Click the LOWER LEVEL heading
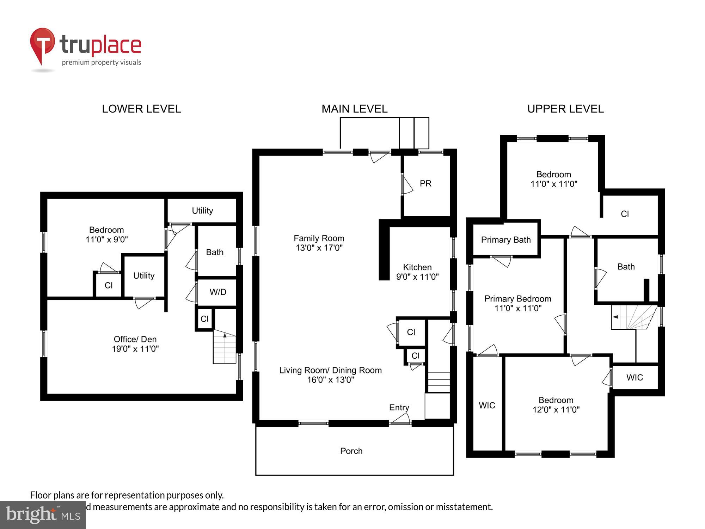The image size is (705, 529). click(141, 109)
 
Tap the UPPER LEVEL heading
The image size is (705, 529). click(565, 109)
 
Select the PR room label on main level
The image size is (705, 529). click(425, 184)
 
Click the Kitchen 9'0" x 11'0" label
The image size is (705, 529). click(417, 272)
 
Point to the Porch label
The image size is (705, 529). click(351, 451)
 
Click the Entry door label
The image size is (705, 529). click(399, 408)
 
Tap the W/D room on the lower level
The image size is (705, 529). click(218, 292)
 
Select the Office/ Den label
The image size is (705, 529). click(135, 344)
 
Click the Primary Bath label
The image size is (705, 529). click(506, 240)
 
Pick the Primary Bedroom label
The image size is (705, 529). click(517, 303)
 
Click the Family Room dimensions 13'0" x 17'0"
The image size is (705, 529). click(319, 248)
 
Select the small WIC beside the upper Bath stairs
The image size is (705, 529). click(634, 378)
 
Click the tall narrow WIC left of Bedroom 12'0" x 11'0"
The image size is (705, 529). click(487, 406)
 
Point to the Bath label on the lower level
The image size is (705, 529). click(215, 253)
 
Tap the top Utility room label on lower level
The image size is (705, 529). click(202, 211)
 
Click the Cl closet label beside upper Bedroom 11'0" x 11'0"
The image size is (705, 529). click(625, 214)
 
